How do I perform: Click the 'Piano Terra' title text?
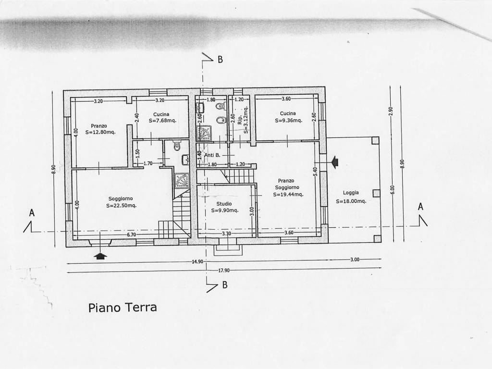pyautogui.click(x=123, y=307)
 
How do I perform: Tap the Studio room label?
pyautogui.click(x=224, y=204)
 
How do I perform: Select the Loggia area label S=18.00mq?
pyautogui.click(x=351, y=201)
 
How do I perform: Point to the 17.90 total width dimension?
pyautogui.click(x=224, y=271)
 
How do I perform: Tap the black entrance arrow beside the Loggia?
pyautogui.click(x=334, y=162)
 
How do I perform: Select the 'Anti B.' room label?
pyautogui.click(x=212, y=155)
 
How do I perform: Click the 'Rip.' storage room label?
pyautogui.click(x=240, y=120)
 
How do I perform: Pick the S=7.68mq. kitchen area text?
pyautogui.click(x=162, y=121)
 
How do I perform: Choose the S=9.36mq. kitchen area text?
pyautogui.click(x=289, y=120)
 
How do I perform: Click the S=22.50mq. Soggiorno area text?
pyautogui.click(x=121, y=206)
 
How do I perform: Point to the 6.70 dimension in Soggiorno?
pyautogui.click(x=131, y=234)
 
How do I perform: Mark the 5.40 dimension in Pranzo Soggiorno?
pyautogui.click(x=315, y=172)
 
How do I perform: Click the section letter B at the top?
pyautogui.click(x=220, y=60)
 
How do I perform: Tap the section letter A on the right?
pyautogui.click(x=421, y=207)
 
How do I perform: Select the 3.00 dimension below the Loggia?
pyautogui.click(x=355, y=259)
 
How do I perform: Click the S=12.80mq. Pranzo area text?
pyautogui.click(x=100, y=132)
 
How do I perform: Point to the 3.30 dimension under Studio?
pyautogui.click(x=226, y=234)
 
